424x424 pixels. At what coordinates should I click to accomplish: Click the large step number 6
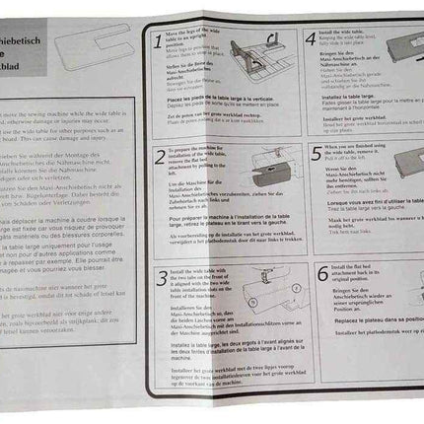[x=319, y=271]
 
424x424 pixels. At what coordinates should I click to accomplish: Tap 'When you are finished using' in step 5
[x=357, y=147]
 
